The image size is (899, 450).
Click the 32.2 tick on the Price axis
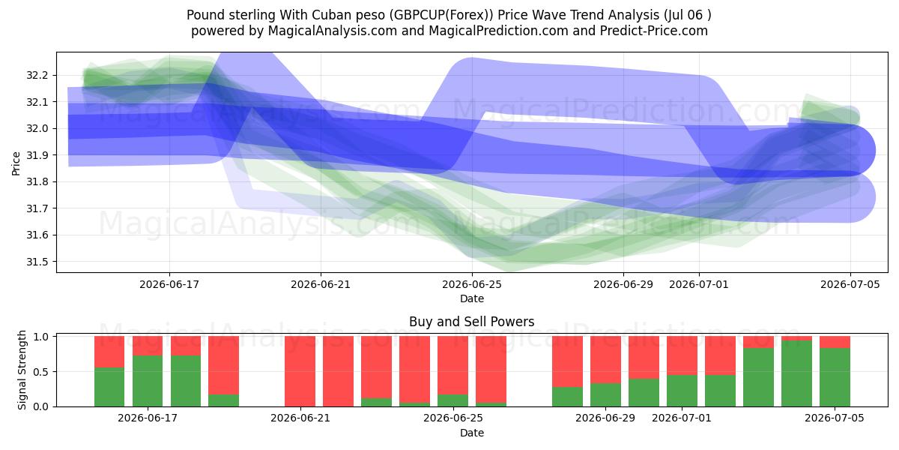pos(37,75)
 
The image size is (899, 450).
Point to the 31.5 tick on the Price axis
pos(37,262)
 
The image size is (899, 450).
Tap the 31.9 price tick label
pos(37,155)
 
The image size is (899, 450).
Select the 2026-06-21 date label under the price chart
pos(321,284)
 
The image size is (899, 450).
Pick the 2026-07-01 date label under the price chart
pos(699,284)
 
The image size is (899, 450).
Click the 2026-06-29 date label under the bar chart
pos(605,418)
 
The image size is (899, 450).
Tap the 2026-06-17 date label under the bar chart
pos(148,418)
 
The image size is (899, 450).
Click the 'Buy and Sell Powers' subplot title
pos(471,322)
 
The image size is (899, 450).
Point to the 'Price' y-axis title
pos(16,163)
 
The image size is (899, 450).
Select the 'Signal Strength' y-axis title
pos(22,370)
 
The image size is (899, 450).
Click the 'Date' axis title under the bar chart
pos(471,433)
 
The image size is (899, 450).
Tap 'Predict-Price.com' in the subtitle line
pos(654,31)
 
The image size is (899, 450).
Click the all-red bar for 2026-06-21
pos(300,371)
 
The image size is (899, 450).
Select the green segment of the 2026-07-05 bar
pos(835,377)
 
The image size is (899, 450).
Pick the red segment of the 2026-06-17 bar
pos(148,346)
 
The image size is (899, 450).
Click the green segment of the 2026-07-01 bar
pos(682,391)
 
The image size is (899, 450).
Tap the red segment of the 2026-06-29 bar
pos(605,359)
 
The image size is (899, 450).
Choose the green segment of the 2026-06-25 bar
pos(452,400)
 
